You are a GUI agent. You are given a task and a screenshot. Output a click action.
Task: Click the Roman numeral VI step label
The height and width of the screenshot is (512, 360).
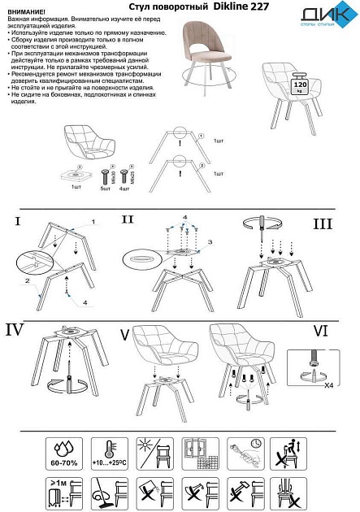tap(323, 332)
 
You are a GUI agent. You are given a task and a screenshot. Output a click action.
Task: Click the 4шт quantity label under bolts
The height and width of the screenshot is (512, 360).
tap(124, 187)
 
